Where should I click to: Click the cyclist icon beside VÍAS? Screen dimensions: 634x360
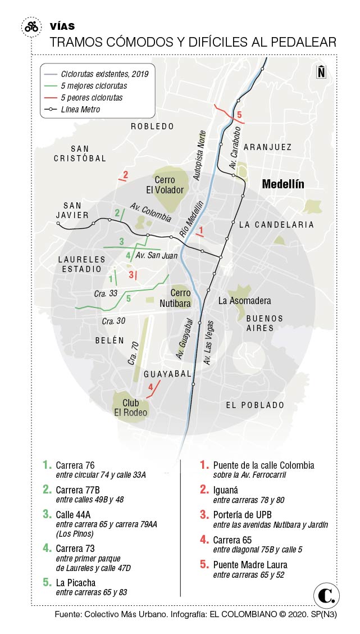31,26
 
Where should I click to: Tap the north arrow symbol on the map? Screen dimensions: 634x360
321,72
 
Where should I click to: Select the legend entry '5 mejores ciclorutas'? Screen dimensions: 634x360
94,86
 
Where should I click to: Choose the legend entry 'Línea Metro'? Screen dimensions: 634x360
80,110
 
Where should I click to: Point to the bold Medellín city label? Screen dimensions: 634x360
283,184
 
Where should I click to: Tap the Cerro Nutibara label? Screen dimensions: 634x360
181,297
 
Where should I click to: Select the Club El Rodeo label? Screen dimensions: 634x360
131,407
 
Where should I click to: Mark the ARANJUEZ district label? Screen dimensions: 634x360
268,147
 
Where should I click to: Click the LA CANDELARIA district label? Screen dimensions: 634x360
276,225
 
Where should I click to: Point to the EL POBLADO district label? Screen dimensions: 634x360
255,405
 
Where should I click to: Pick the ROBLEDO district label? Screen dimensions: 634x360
153,126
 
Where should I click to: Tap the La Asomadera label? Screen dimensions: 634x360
245,301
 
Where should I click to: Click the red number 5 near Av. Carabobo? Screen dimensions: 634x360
239,116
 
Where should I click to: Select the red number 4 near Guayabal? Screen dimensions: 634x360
150,387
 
